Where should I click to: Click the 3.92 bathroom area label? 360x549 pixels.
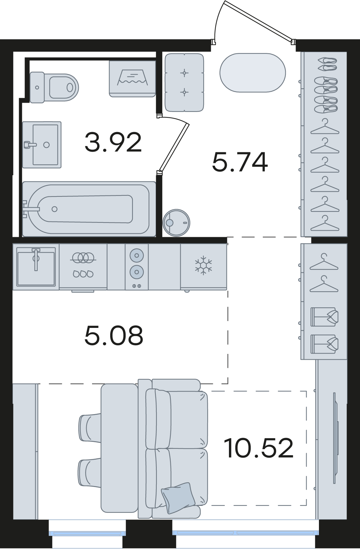pos(113,142)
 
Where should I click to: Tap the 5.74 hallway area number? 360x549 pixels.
pos(240,162)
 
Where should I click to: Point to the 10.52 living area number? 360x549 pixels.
pos(259,448)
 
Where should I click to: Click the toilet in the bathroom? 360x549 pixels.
pos(54,87)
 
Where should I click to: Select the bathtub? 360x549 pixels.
pos(89,209)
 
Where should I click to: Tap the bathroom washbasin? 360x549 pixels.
pos(42,144)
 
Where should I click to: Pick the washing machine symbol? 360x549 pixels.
pos(132,79)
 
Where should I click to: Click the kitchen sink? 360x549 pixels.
pos(36,266)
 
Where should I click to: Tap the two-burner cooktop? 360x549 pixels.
pos(137,267)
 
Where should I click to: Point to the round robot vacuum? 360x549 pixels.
pos(177,223)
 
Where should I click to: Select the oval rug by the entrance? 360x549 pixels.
pos(253,73)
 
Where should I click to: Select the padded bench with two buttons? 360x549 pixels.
pos(184,82)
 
